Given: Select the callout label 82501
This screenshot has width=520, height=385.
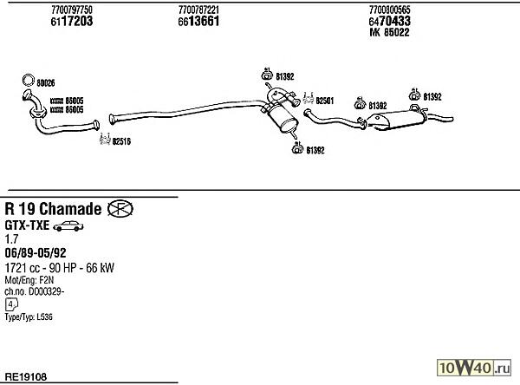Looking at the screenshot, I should [325, 101].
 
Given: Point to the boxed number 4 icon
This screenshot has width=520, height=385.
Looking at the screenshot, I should [10, 305].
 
